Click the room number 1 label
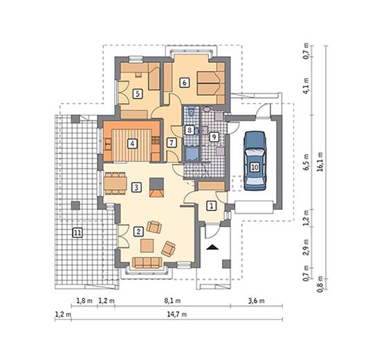[x=212, y=206]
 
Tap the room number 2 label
[x=138, y=231]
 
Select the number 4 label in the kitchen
[x=132, y=144]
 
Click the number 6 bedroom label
[x=185, y=82]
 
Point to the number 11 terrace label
[x=77, y=233]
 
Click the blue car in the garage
[x=255, y=161]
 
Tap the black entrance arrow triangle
[x=212, y=247]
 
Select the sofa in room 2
[x=147, y=263]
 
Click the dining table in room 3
[x=115, y=183]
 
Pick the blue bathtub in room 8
[x=192, y=154]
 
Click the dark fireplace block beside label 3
[x=156, y=183]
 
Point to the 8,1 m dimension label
[x=172, y=300]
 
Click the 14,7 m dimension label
[x=176, y=314]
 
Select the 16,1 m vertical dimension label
[x=320, y=162]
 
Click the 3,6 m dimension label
[x=256, y=300]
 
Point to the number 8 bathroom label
[x=189, y=130]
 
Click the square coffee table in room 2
[x=147, y=246]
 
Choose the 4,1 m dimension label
[x=306, y=86]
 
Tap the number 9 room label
[x=214, y=137]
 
